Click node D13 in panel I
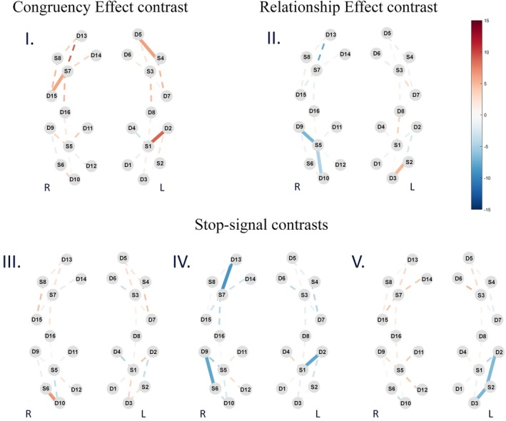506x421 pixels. tap(81, 36)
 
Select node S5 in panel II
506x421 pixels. tap(318, 146)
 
